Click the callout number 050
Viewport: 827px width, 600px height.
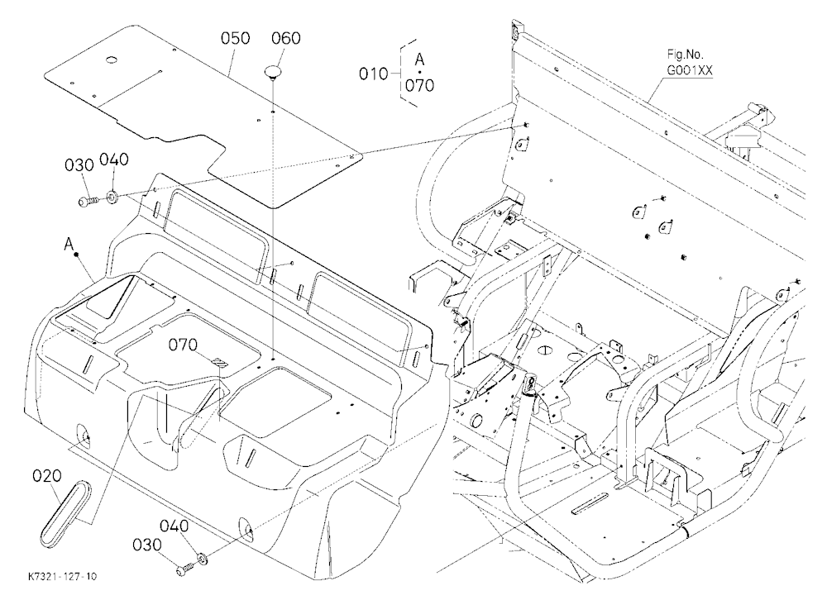click(235, 39)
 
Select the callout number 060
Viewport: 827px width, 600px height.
click(286, 39)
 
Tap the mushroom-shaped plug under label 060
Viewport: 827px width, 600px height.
click(273, 72)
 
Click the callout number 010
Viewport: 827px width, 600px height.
click(374, 74)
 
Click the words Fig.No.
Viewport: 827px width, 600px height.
click(685, 55)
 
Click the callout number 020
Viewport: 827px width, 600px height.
click(47, 476)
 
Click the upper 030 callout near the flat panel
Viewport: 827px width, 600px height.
click(79, 165)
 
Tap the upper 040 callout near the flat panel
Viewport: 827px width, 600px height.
click(114, 160)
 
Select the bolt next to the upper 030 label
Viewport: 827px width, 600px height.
click(88, 201)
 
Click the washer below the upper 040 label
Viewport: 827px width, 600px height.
click(112, 198)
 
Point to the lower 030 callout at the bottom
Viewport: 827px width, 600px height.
click(146, 545)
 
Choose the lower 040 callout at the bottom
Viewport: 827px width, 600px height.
click(174, 526)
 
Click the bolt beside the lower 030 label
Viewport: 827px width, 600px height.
click(186, 569)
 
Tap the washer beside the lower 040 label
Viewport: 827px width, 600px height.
click(202, 557)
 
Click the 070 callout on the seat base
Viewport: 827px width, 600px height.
click(183, 345)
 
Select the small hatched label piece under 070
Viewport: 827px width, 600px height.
click(219, 364)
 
